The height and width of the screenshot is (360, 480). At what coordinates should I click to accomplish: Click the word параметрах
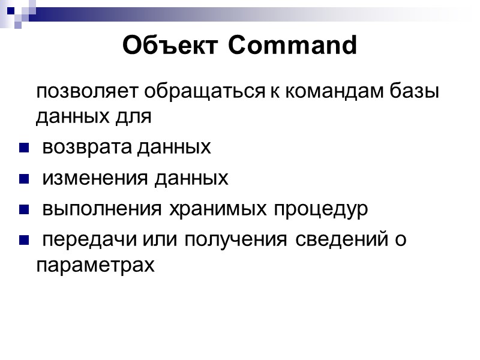95,265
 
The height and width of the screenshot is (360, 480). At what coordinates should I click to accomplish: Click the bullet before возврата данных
24,148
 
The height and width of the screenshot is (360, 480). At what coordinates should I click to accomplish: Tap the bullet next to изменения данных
24,179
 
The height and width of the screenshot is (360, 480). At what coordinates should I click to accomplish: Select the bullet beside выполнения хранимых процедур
24,210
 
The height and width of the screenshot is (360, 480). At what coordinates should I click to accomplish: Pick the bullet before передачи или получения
24,241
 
